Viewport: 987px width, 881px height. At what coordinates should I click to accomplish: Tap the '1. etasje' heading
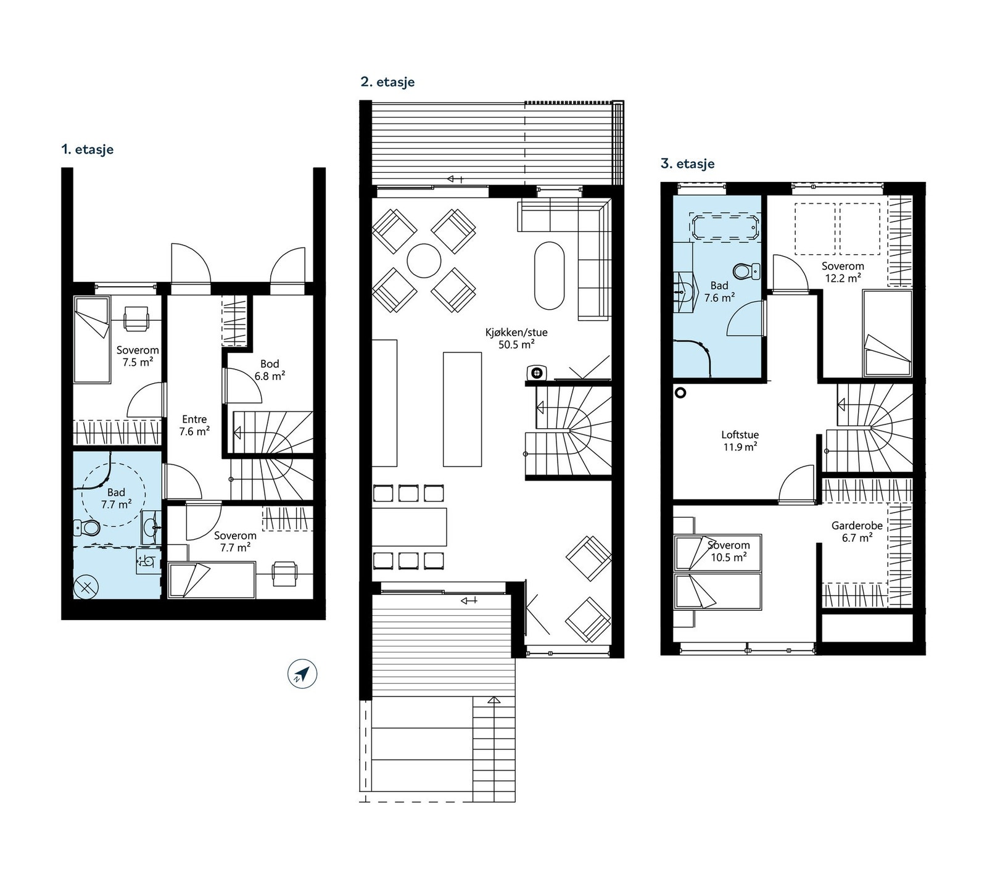point(87,149)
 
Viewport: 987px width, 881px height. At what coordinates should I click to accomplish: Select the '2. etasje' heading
point(387,82)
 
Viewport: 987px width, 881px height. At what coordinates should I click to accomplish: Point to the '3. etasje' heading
point(687,163)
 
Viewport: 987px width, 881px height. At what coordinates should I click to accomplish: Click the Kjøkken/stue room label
point(516,333)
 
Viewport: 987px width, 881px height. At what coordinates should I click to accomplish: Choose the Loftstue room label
point(740,434)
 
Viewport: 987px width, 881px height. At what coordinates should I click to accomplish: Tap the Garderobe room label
point(857,526)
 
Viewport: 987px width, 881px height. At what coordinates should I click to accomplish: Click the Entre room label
point(194,420)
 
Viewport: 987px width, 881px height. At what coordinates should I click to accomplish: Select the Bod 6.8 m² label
point(270,370)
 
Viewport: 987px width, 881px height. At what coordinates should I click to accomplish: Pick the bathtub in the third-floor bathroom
point(725,227)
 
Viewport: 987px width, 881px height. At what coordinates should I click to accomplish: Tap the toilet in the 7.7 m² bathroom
point(87,527)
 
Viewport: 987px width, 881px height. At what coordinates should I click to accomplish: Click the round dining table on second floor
point(424,261)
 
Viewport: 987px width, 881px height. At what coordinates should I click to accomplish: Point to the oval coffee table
point(549,275)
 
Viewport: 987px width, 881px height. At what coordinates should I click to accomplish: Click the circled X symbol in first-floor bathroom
point(86,587)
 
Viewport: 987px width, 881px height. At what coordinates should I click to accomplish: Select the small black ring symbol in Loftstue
point(680,392)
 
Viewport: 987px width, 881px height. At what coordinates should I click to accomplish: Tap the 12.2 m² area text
point(843,278)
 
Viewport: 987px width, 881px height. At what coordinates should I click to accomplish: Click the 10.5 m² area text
point(729,557)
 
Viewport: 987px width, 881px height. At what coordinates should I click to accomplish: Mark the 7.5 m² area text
point(138,362)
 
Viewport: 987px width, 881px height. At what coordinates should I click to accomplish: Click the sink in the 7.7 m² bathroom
point(151,527)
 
